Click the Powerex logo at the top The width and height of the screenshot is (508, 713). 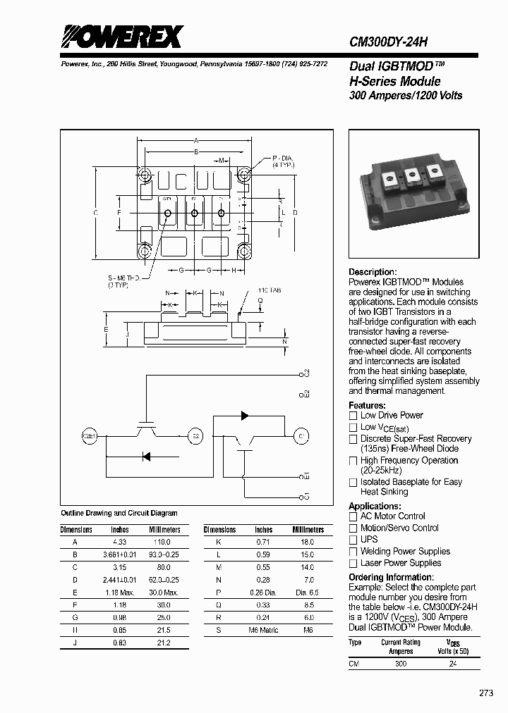click(121, 37)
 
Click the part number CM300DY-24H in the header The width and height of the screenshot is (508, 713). click(389, 42)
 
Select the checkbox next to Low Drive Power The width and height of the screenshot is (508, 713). click(353, 416)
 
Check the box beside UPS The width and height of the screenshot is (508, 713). click(353, 540)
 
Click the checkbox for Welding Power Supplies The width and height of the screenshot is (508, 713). click(353, 552)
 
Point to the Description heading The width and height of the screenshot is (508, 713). click(373, 272)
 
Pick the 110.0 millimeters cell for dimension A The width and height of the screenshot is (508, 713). click(163, 542)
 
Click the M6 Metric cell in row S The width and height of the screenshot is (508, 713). click(263, 629)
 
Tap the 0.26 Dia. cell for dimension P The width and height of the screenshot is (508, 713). click(263, 593)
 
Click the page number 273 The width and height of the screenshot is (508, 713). click(486, 693)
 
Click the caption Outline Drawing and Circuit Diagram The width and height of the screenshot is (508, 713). click(119, 513)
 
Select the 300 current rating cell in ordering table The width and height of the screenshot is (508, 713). click(401, 664)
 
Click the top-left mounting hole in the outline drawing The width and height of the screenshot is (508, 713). click(145, 174)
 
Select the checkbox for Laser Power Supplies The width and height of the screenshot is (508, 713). click(353, 564)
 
